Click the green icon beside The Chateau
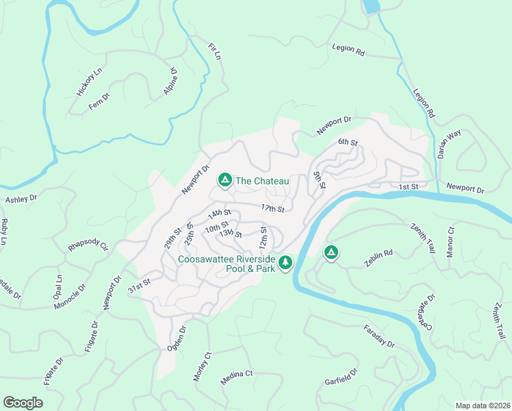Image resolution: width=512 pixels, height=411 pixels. (x=224, y=180)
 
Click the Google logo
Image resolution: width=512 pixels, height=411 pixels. (x=23, y=403)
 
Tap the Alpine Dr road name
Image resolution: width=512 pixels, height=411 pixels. (x=170, y=80)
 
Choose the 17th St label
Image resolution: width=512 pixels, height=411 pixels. (x=272, y=208)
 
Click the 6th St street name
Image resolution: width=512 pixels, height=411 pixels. (x=348, y=142)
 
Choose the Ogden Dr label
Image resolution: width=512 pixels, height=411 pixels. (x=177, y=339)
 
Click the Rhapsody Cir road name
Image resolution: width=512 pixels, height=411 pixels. (x=89, y=246)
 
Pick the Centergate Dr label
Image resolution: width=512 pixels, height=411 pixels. (x=422, y=312)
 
